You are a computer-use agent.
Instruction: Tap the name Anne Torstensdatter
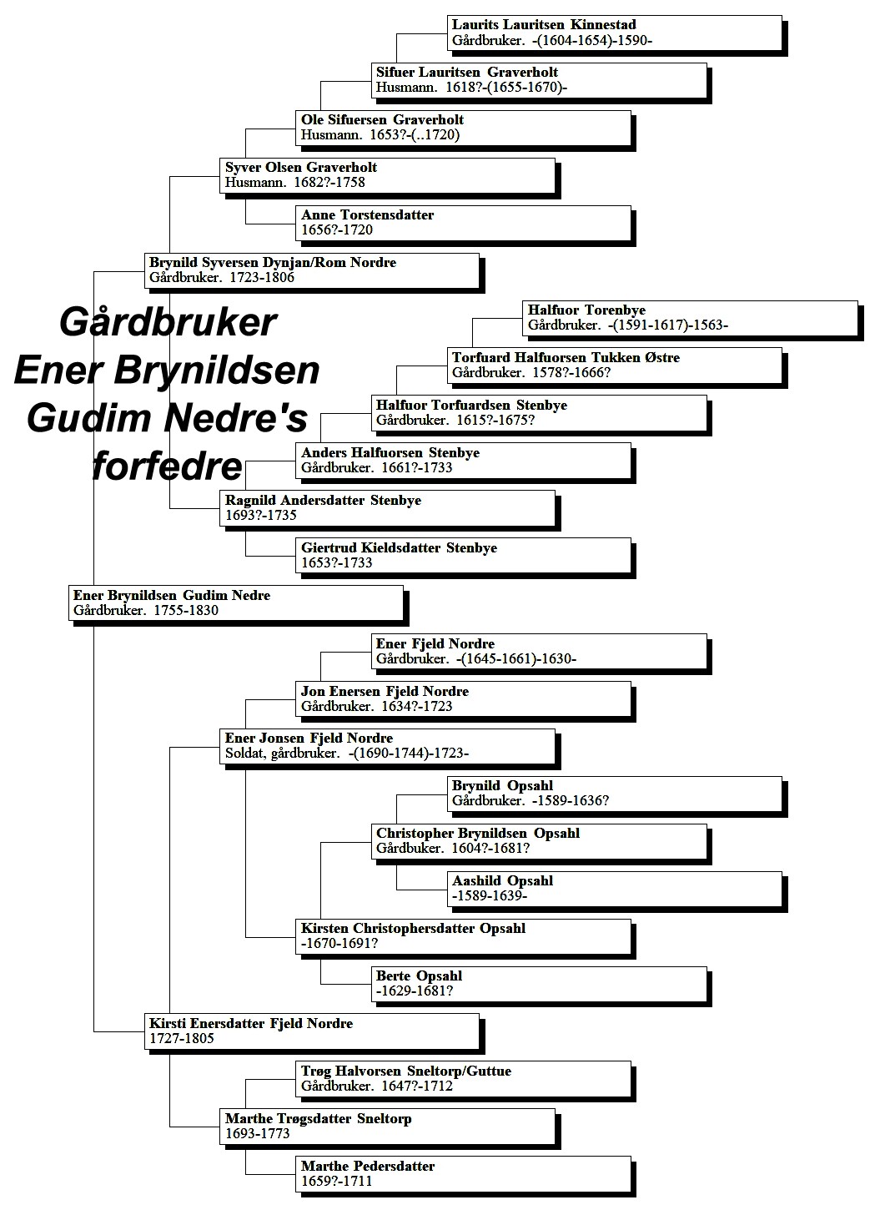[368, 214]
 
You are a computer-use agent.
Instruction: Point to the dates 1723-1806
[262, 277]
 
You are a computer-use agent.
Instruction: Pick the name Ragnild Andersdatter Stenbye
[323, 500]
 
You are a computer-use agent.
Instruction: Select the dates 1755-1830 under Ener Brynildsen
[186, 610]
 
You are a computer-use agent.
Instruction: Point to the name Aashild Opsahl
[503, 881]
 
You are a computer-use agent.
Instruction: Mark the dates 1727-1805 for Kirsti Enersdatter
[182, 1038]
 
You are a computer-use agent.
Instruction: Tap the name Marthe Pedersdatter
[368, 1167]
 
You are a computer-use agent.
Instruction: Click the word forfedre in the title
[167, 466]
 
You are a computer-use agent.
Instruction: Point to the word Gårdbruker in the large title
[168, 323]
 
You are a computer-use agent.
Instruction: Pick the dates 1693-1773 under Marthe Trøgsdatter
[258, 1133]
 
